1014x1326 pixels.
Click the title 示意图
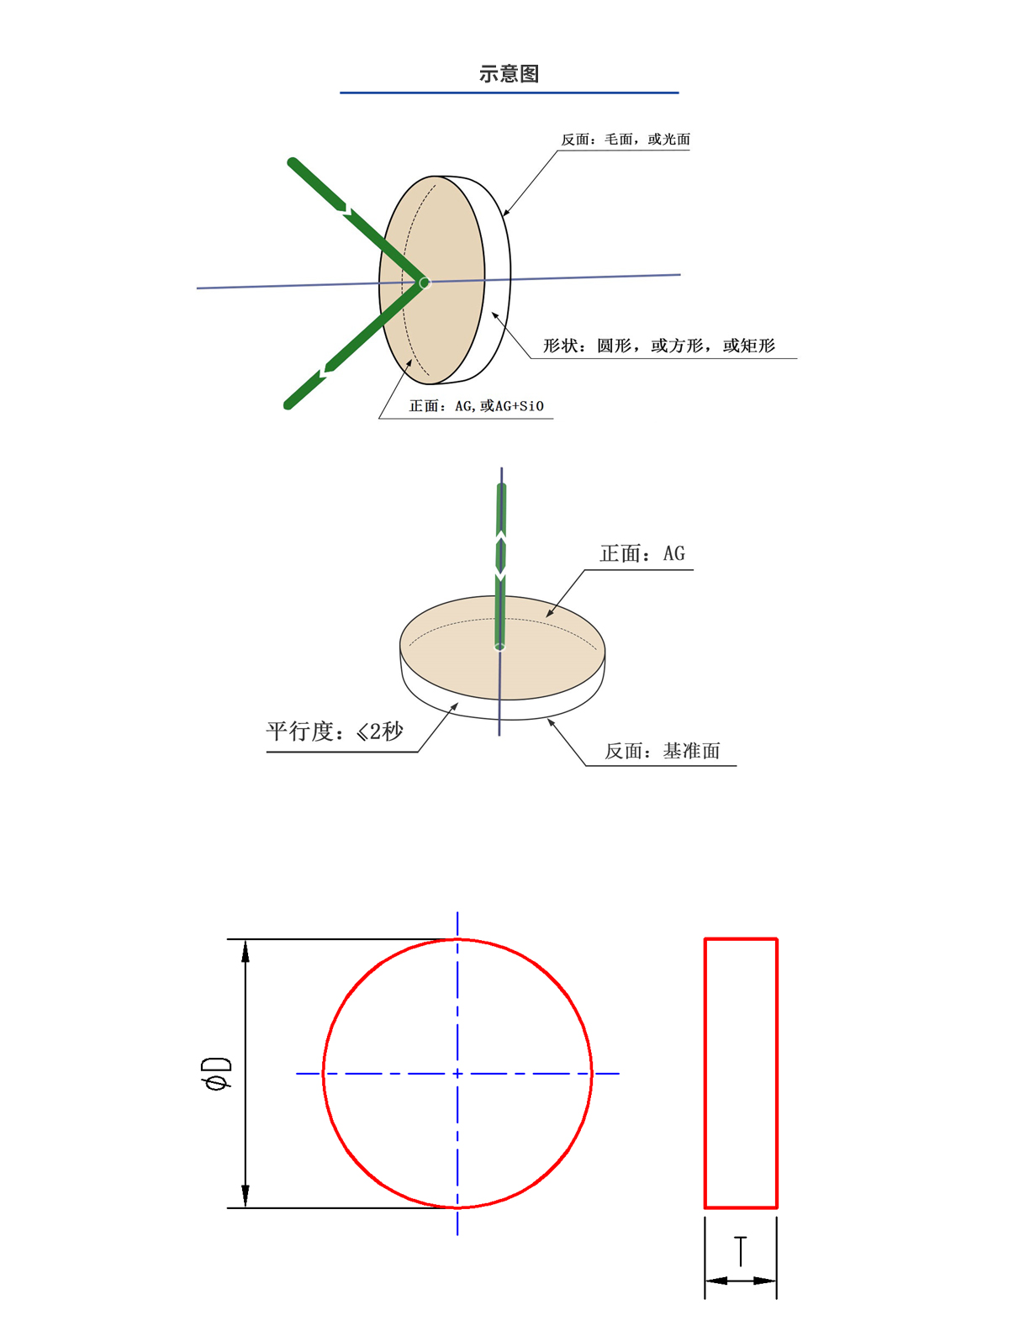coord(509,74)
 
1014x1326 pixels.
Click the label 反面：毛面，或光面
coord(626,140)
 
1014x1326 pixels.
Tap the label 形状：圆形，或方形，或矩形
coord(658,346)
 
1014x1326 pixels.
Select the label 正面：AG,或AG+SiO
coord(476,406)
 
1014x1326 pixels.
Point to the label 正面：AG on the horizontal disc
coord(642,553)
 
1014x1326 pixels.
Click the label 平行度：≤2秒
coord(335,732)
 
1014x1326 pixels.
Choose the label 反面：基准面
coord(662,751)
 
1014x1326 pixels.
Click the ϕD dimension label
coord(217,1074)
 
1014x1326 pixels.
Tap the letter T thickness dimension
coord(740,1251)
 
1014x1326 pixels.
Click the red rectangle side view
coord(741,1073)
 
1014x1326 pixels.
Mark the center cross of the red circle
coord(457,1074)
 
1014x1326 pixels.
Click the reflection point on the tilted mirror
coord(425,283)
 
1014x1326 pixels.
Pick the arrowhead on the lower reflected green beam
coord(325,372)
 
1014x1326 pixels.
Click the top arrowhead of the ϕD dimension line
coord(246,950)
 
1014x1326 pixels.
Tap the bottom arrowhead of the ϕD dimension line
coord(246,1197)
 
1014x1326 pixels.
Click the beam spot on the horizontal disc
coord(499,646)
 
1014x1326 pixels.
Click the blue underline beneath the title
coord(509,92)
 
